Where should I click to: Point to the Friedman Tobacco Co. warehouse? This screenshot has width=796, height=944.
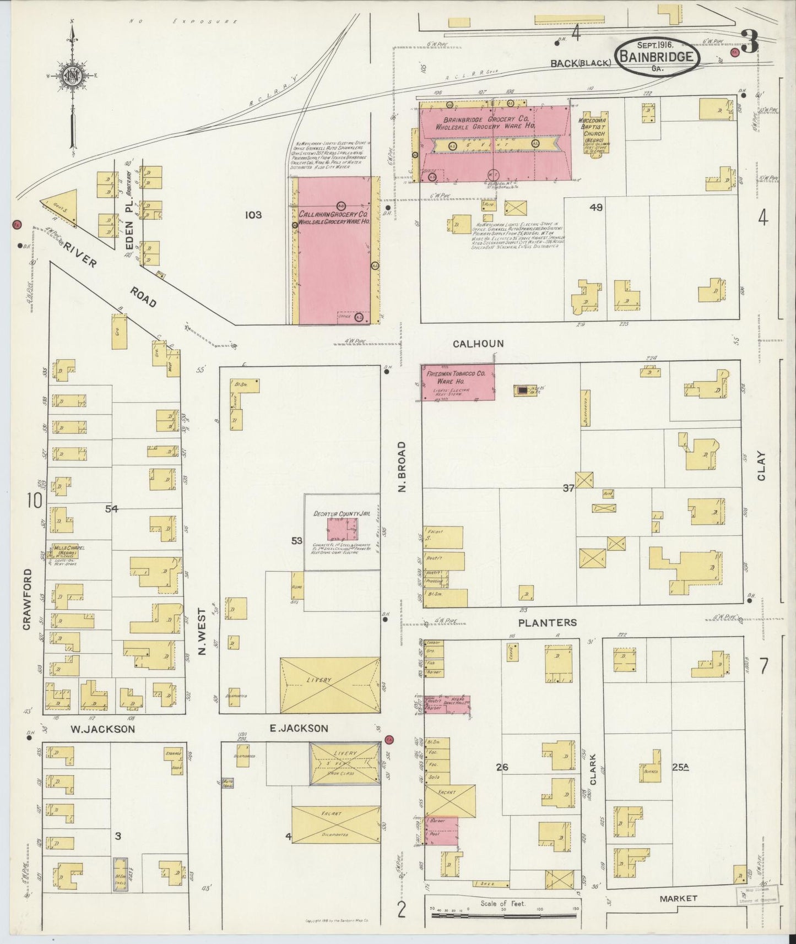pyautogui.click(x=458, y=382)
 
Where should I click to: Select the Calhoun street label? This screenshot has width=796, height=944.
pyautogui.click(x=478, y=344)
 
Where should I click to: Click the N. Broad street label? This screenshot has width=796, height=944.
pyautogui.click(x=402, y=467)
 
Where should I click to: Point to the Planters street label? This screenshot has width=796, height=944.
pyautogui.click(x=548, y=622)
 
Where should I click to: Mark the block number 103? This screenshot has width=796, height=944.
pyautogui.click(x=253, y=215)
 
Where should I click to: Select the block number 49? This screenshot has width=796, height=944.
pyautogui.click(x=595, y=208)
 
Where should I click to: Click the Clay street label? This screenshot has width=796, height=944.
pyautogui.click(x=761, y=466)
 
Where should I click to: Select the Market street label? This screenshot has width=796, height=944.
pyautogui.click(x=678, y=898)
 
